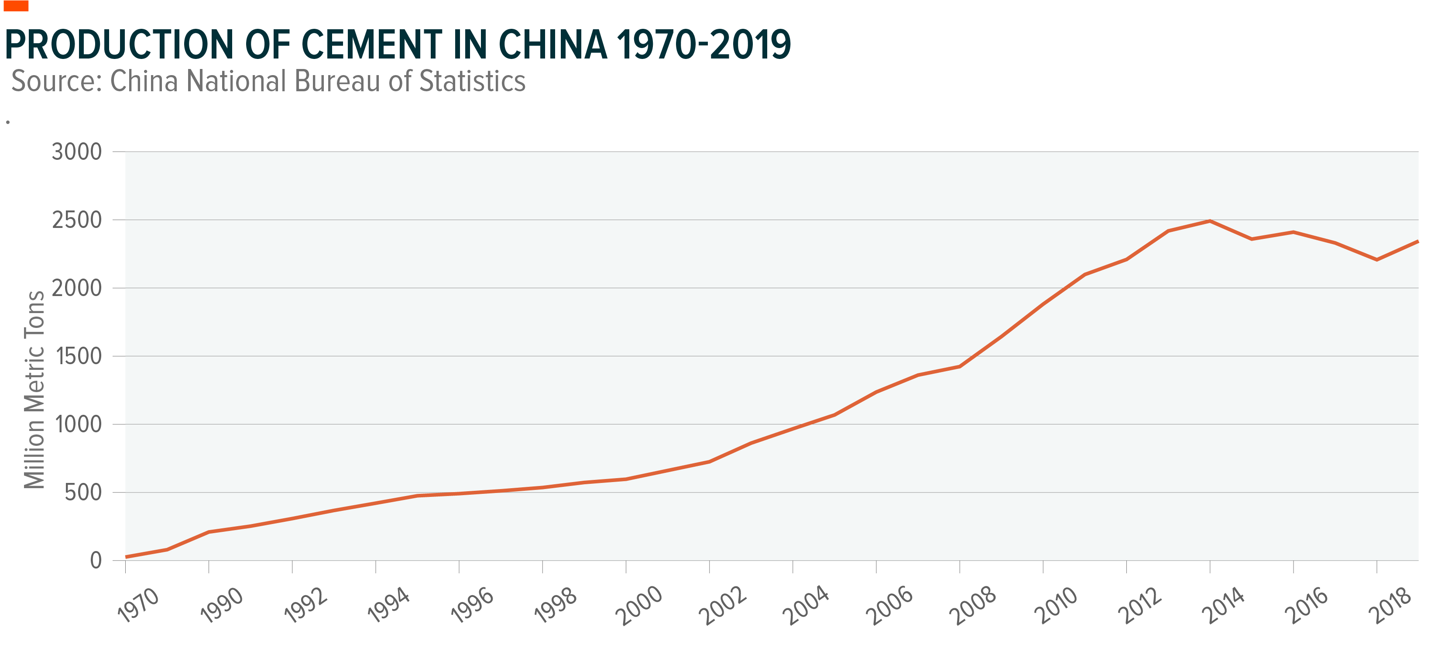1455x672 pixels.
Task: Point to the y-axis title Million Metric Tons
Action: click(x=34, y=389)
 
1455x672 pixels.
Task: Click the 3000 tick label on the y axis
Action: click(x=77, y=152)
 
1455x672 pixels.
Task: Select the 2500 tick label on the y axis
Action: click(x=77, y=221)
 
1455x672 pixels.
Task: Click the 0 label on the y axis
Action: click(x=96, y=561)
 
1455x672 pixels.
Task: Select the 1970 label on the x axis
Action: click(x=138, y=605)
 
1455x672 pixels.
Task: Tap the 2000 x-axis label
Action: click(x=639, y=605)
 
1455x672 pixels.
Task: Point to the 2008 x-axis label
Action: click(x=973, y=605)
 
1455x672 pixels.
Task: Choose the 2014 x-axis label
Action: click(x=1223, y=605)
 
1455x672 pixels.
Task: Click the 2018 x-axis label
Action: click(x=1390, y=605)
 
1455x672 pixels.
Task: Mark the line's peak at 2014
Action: click(x=1210, y=221)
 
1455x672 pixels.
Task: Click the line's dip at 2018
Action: click(x=1376, y=260)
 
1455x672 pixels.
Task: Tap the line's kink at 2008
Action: click(x=960, y=366)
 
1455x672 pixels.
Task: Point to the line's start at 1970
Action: click(x=126, y=557)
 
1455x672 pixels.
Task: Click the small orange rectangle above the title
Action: click(x=16, y=6)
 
